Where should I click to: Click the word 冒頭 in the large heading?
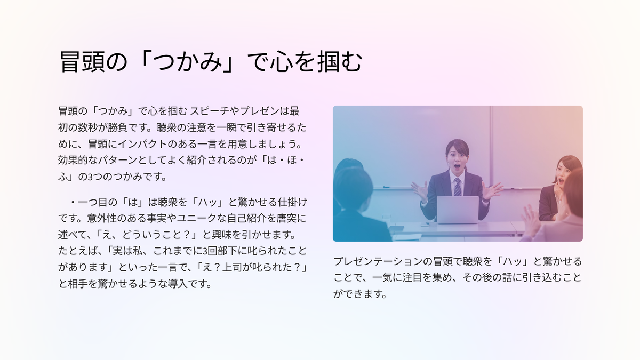[x=82, y=62]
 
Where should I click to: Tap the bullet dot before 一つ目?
[x=73, y=202]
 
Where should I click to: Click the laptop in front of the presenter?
[x=458, y=210]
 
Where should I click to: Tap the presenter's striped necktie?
[x=458, y=187]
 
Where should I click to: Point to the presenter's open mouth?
[x=457, y=166]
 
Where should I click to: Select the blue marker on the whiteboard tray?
[x=386, y=187]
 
